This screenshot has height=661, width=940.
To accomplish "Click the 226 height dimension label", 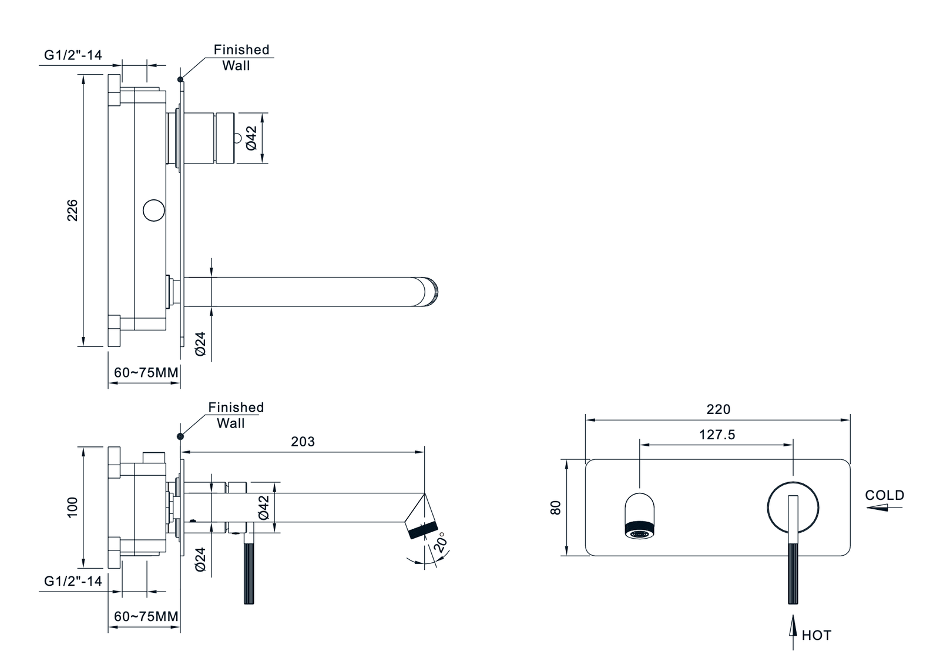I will coord(72,211).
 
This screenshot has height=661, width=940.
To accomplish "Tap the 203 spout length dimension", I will coord(303,442).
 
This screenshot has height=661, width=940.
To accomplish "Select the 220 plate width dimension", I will coord(718,409).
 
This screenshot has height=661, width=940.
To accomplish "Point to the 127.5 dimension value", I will coord(717,435).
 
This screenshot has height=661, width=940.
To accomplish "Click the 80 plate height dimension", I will coord(556,507).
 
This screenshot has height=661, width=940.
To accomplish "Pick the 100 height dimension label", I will coord(72,507).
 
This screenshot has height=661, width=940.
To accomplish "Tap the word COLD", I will coord(884,495).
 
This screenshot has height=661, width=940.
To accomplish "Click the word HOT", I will coord(816,635).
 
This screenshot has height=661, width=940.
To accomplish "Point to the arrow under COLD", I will coord(882,508).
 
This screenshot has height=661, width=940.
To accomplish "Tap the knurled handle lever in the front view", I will coord(793,573).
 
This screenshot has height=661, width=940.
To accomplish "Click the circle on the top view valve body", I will coord(154,211).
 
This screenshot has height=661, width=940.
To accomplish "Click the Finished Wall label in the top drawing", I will coord(240,58).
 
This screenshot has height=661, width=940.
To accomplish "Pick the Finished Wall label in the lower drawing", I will coord(235,415).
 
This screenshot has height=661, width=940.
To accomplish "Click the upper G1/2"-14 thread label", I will coord(73,55).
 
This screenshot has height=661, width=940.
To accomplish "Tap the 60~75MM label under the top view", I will coord(146,372).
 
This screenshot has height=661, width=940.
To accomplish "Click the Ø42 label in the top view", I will coord(251,138).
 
